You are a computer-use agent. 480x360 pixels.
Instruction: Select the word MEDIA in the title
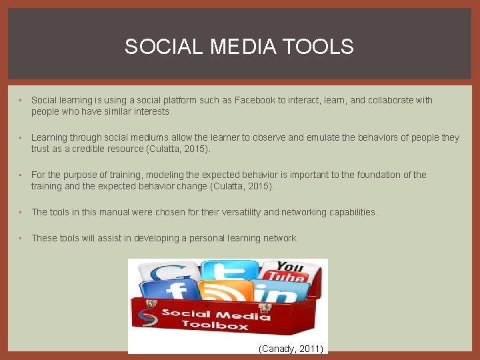[245, 47]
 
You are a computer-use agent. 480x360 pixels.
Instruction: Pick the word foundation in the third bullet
[377, 175]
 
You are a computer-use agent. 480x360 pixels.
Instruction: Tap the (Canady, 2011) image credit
[290, 348]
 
